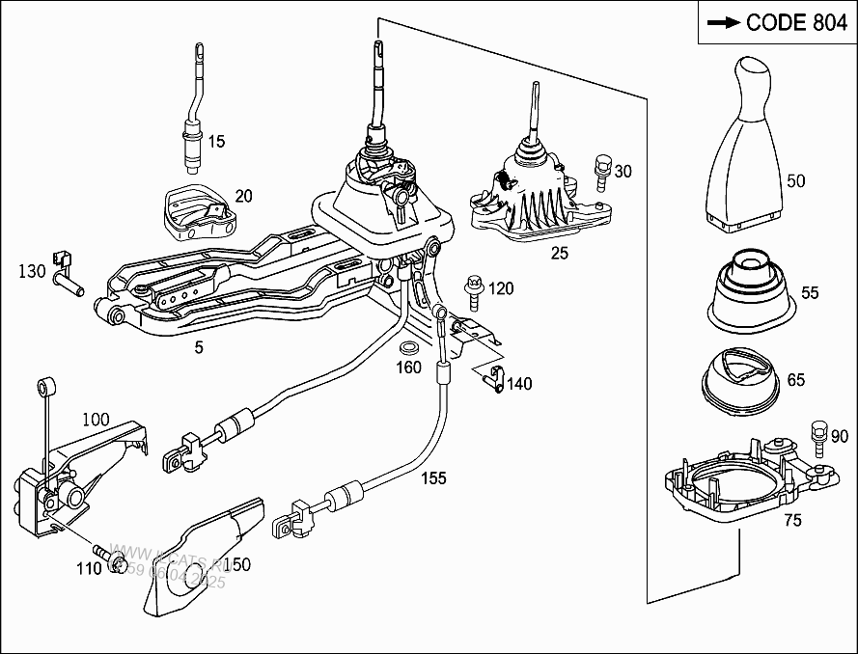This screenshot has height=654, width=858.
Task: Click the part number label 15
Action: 216,142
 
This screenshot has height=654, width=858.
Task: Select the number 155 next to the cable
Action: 433,477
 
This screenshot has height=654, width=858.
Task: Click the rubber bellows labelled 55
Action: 753,286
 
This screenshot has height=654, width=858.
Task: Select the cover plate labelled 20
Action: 196,211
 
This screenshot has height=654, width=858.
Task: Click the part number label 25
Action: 559,253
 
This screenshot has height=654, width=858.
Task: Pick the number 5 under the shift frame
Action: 198,347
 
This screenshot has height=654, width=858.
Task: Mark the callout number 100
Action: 96,420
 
